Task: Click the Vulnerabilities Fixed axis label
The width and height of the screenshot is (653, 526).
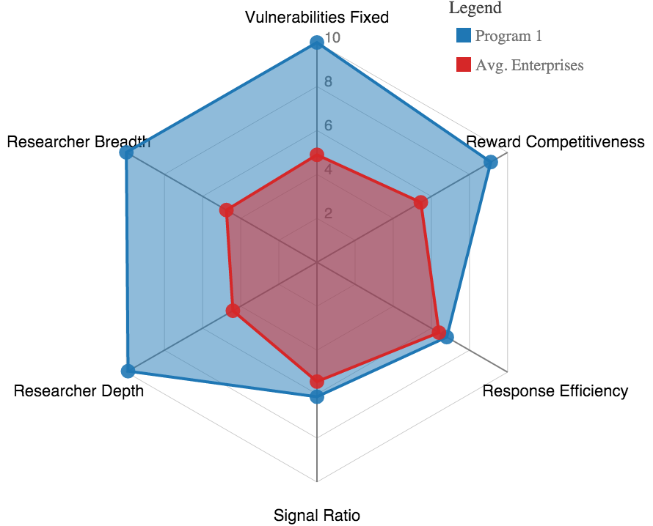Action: (x=317, y=17)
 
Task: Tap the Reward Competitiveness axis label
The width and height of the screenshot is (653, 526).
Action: (x=555, y=141)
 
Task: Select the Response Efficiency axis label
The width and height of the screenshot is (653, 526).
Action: (x=555, y=390)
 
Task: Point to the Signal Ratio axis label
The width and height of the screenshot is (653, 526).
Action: (x=317, y=515)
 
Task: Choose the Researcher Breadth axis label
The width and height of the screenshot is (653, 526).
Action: (x=79, y=141)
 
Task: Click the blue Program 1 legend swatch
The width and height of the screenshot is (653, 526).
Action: (x=463, y=35)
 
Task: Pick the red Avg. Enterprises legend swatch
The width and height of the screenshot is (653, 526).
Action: (x=463, y=64)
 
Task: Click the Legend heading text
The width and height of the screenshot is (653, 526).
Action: (x=475, y=8)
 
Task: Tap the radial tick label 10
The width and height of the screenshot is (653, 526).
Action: (x=332, y=37)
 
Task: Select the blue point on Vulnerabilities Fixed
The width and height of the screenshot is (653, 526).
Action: (x=317, y=42)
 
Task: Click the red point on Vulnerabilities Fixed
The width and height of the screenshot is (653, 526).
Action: (x=317, y=155)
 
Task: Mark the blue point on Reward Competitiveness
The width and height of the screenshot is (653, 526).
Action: (x=492, y=162)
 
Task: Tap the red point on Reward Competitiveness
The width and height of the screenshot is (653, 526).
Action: (x=421, y=202)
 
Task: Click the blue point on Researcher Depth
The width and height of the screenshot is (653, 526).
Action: (x=128, y=371)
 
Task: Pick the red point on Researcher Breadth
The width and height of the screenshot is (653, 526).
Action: (x=227, y=210)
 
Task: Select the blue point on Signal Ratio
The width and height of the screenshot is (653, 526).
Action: (x=317, y=396)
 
